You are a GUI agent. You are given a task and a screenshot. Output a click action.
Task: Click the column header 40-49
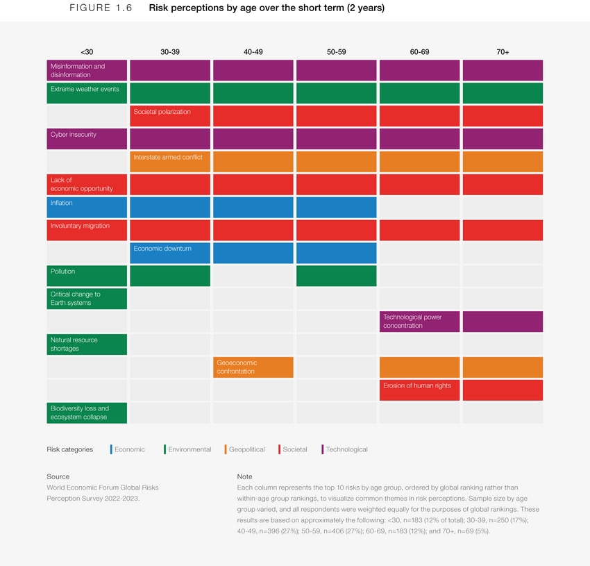[x=253, y=52]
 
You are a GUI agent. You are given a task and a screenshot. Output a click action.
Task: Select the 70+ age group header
[x=503, y=52]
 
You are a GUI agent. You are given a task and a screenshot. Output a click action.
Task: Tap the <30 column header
[x=87, y=52]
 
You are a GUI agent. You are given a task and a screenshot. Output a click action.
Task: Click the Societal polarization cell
[x=169, y=115]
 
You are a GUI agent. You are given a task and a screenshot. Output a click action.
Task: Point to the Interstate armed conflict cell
[x=169, y=161]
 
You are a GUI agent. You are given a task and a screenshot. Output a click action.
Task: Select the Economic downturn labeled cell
[x=169, y=252]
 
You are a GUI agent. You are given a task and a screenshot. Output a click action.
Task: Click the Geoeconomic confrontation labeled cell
[x=253, y=367]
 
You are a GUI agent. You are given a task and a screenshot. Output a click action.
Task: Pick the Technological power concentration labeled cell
[x=419, y=321]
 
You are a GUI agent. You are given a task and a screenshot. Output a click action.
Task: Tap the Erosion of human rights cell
[x=419, y=390]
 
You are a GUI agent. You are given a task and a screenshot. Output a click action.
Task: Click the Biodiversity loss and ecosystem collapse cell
[x=87, y=413]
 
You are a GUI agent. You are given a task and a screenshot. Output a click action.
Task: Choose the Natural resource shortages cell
[x=87, y=344]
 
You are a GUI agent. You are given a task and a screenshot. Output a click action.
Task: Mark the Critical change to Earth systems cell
[x=87, y=298]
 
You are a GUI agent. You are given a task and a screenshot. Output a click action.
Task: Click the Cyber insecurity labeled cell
[x=87, y=138]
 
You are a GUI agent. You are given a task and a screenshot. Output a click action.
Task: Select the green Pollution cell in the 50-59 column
[x=336, y=275]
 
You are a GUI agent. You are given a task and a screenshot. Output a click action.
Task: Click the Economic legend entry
[x=129, y=449]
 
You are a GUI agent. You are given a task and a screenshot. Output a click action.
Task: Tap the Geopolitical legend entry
[x=246, y=449]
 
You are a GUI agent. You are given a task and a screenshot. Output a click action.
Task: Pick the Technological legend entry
[x=346, y=449]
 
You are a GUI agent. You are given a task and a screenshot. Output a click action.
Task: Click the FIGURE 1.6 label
[x=99, y=8]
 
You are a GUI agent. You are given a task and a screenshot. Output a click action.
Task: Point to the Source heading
[x=58, y=476]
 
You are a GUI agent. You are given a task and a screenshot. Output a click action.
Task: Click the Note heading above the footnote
[x=244, y=476]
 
